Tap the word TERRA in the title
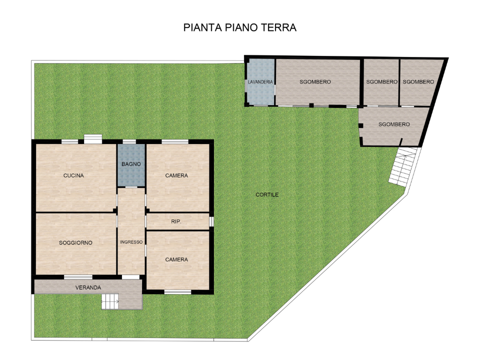tap(278, 27)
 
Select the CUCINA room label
tap(73, 175)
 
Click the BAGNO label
tap(131, 164)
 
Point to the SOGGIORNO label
tap(75, 242)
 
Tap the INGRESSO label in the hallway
tap(131, 242)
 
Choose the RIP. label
tap(176, 220)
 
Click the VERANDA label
tap(88, 287)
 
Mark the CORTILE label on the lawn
tap(267, 194)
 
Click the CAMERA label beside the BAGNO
tap(176, 175)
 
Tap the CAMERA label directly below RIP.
tap(176, 259)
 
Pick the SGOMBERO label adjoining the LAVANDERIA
tap(315, 81)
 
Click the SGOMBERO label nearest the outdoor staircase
tap(394, 124)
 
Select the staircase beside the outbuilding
tap(403, 167)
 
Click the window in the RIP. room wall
tap(211, 220)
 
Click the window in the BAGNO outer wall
tap(129, 141)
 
